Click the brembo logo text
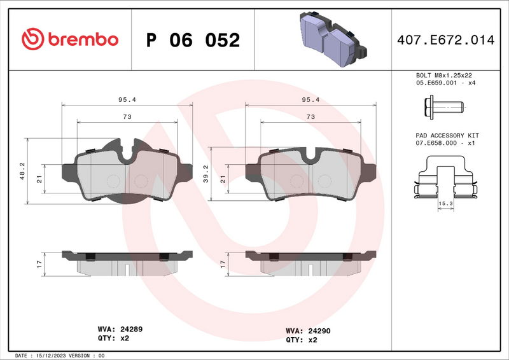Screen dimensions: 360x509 click(81, 39)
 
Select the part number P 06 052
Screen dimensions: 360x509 click(193, 40)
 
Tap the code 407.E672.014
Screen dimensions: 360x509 click(445, 40)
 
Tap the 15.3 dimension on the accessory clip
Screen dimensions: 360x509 click(446, 203)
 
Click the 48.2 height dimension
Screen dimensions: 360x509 click(23, 170)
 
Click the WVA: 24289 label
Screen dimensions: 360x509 click(120, 329)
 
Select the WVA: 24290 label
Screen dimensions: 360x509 click(308, 331)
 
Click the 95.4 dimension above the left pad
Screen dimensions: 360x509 click(127, 100)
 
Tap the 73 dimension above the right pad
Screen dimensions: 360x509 click(310, 116)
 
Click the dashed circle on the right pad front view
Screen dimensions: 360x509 click(295, 181)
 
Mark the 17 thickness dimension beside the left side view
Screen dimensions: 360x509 click(39, 263)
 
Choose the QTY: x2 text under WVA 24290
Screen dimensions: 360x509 click(302, 340)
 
